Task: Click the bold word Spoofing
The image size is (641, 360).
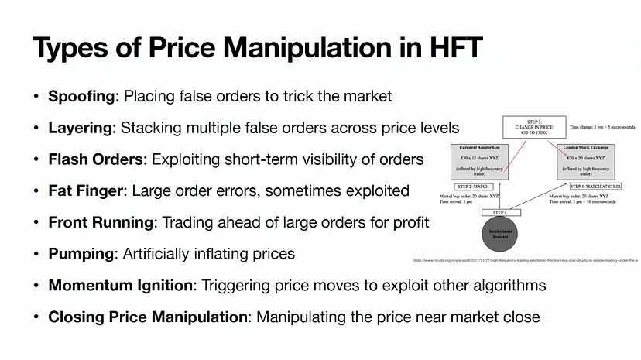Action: point(81,96)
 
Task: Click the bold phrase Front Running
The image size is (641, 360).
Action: point(101,222)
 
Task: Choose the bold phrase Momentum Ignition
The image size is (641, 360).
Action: point(120,286)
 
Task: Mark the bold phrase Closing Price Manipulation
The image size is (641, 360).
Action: point(149,317)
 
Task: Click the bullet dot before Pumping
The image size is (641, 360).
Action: point(36,254)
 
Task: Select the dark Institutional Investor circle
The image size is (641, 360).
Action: point(502,235)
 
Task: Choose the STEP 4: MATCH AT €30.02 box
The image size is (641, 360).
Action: point(595,187)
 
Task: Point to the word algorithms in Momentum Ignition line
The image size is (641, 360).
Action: point(507,286)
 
